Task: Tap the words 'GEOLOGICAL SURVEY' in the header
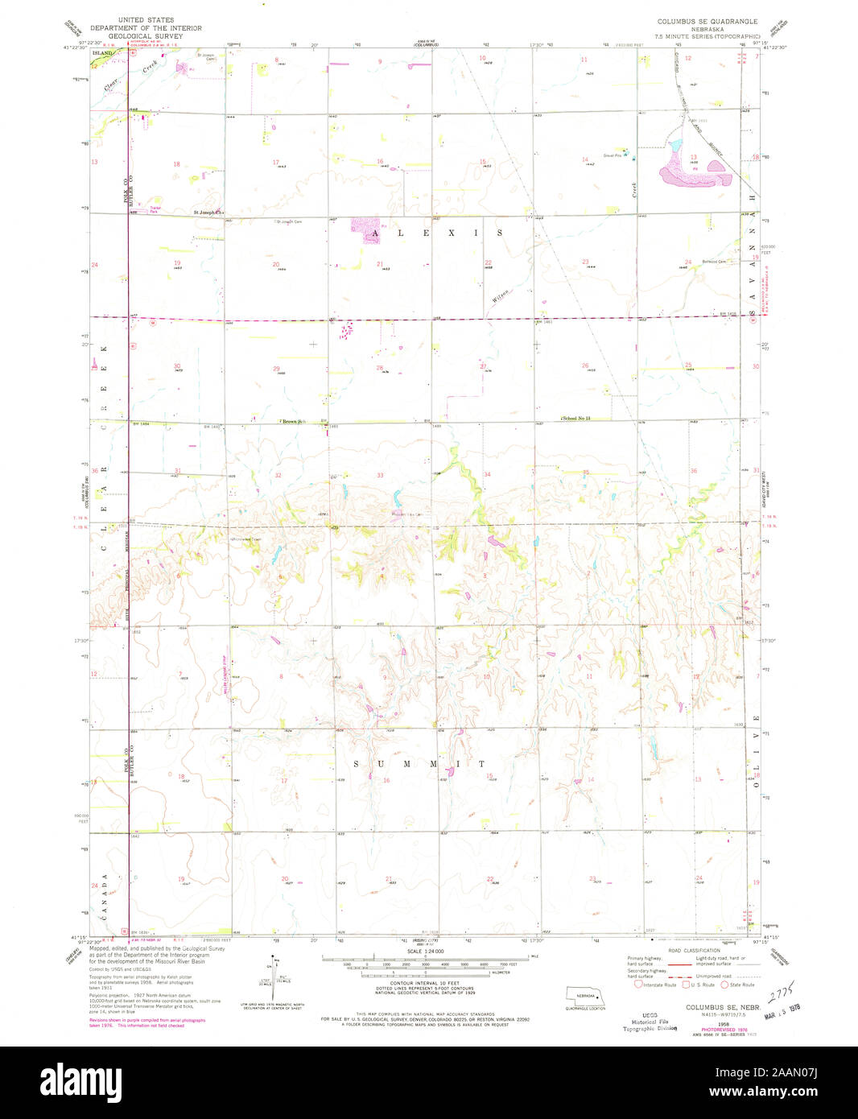tap(146, 36)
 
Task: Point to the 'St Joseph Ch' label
tap(206, 213)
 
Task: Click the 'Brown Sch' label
tap(294, 421)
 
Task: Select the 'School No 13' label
tap(576, 419)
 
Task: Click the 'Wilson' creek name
tap(501, 295)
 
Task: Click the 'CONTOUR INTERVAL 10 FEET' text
tap(426, 984)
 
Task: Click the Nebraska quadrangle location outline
tap(585, 994)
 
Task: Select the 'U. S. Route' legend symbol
tap(686, 985)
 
